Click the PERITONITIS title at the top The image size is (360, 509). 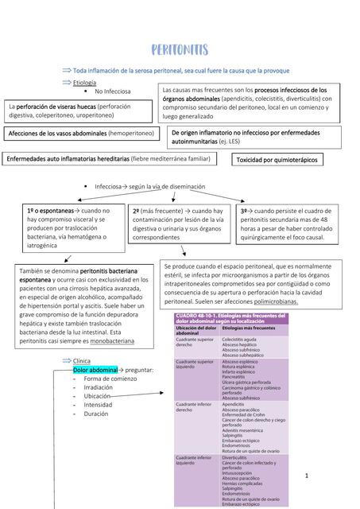tap(180, 50)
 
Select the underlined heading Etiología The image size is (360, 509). tap(84, 82)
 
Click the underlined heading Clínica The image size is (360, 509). tap(81, 360)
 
